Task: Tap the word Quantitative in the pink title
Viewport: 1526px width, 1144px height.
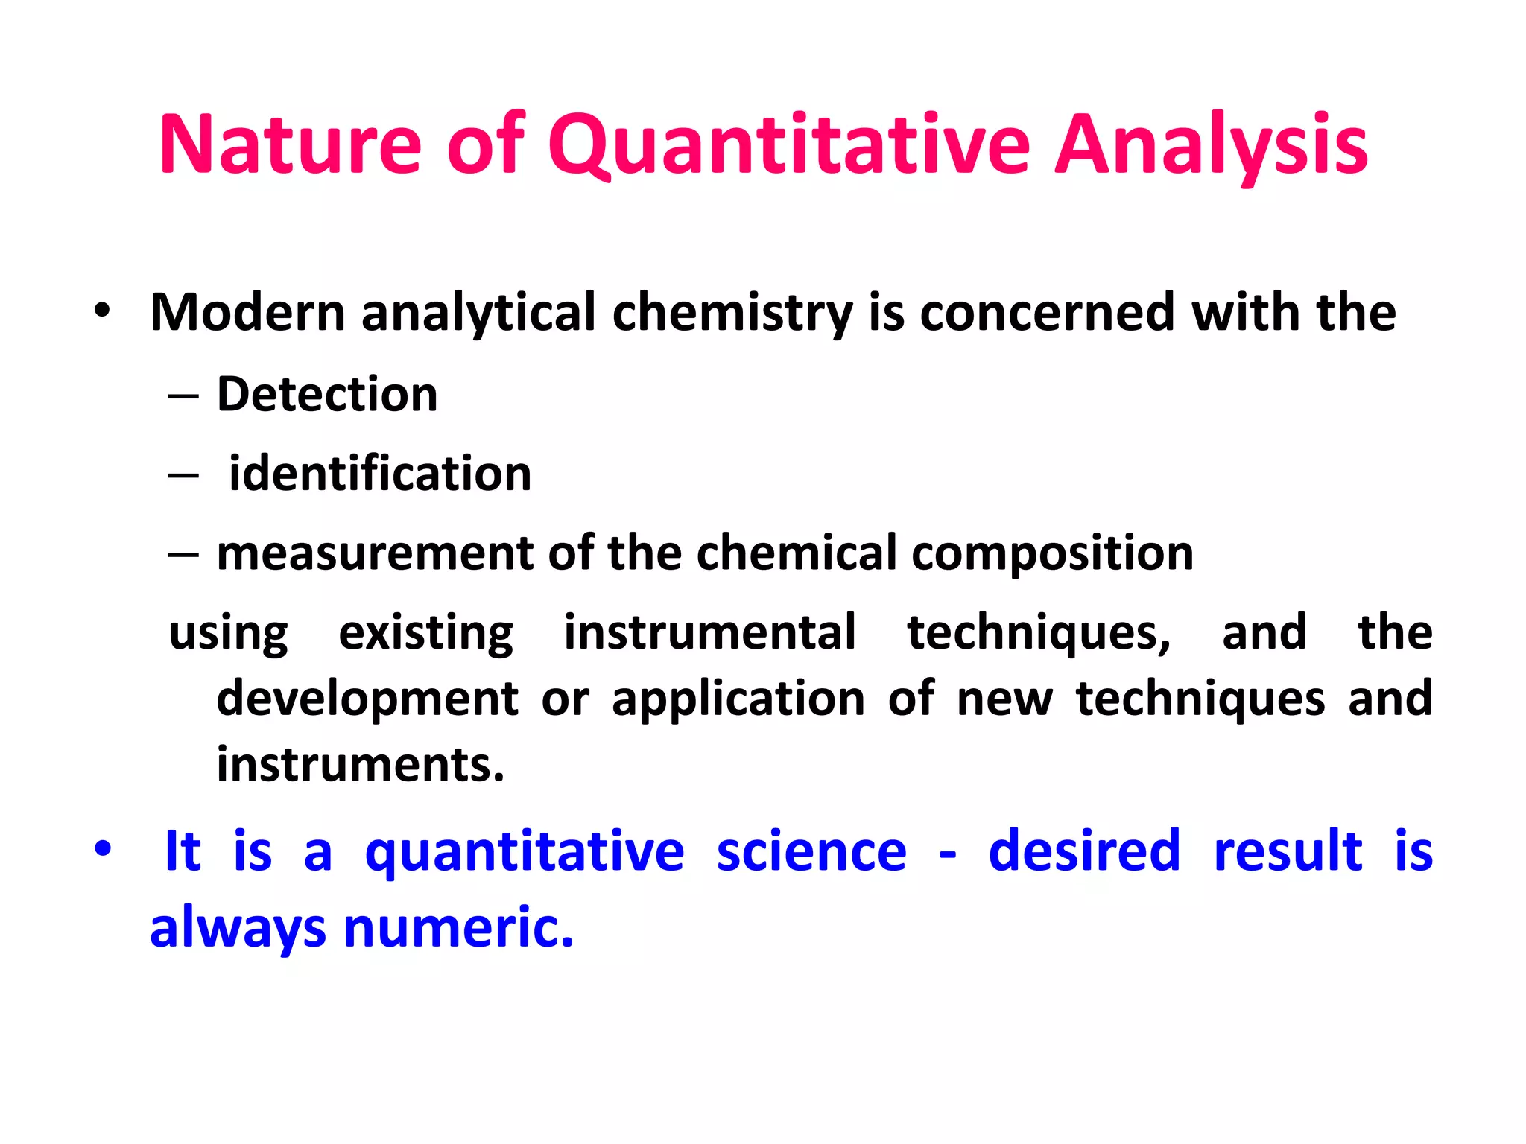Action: [788, 145]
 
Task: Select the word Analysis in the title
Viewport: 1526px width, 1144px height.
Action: [1211, 145]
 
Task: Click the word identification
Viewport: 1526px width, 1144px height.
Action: [380, 474]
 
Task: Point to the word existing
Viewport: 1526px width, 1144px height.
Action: [425, 633]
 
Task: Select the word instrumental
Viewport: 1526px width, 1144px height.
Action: [709, 633]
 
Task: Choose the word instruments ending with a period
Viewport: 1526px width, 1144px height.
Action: [361, 765]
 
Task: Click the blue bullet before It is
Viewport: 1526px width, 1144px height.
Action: [102, 848]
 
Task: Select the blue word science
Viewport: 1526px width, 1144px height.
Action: [811, 851]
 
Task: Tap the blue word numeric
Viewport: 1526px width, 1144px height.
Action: [458, 928]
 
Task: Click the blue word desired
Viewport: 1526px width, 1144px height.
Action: [1084, 851]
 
